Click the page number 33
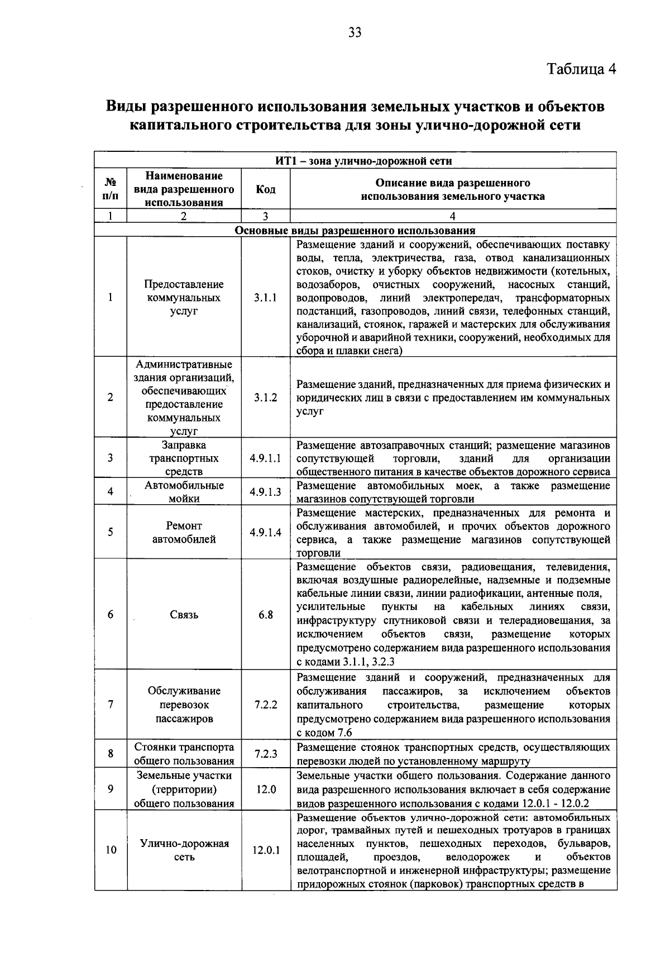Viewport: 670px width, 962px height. pos(355,32)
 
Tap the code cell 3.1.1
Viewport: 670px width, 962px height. pos(265,298)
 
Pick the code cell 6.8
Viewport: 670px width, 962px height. pos(265,615)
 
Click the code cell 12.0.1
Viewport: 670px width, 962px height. pos(265,851)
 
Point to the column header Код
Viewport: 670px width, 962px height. pos(265,189)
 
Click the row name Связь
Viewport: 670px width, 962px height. pos(184,615)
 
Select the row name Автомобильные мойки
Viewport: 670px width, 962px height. pos(184,492)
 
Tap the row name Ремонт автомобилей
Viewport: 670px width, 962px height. pos(184,532)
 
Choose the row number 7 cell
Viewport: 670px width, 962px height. pos(111,705)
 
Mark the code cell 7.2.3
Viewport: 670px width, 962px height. pos(265,754)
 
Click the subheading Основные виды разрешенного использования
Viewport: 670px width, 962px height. pos(355,230)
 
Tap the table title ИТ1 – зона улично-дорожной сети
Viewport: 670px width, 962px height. pos(355,161)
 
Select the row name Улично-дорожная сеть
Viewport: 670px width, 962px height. pos(184,850)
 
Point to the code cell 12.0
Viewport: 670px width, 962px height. pos(265,789)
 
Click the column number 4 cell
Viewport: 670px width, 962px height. pos(453,216)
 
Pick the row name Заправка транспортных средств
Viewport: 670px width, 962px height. pos(184,458)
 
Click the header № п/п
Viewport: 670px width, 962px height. pos(111,189)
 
